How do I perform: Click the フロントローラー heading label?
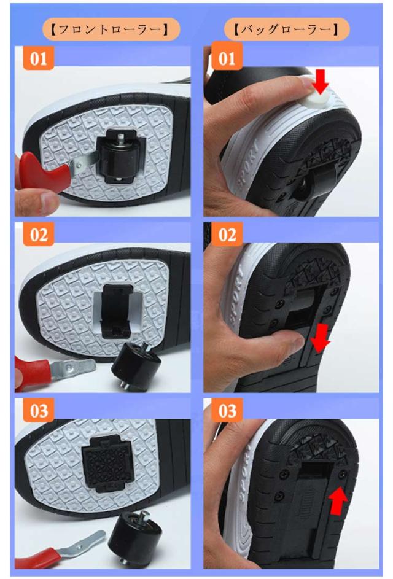coord(111,29)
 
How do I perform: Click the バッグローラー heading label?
coord(287,29)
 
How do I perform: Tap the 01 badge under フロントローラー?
coord(39,58)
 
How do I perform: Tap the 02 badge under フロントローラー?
coord(39,234)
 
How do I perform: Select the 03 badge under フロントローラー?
coord(39,410)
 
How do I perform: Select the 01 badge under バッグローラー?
coord(227,58)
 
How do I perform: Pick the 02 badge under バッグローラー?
coord(227,234)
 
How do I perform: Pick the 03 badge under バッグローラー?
coord(227,410)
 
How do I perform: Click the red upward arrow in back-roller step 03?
coord(338,501)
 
